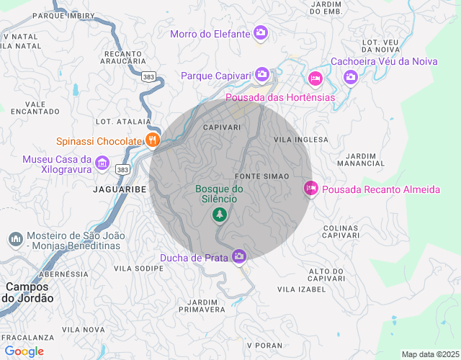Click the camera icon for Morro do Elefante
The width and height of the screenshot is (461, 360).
(261, 33)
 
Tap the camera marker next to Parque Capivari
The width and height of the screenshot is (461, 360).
(261, 74)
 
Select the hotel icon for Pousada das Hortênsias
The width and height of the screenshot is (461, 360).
(315, 78)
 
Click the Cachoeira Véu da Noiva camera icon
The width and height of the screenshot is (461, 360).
(350, 76)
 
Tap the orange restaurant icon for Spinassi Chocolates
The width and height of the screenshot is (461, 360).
(152, 140)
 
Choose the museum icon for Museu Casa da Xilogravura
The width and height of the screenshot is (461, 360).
(102, 163)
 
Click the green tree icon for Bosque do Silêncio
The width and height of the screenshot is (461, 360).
(219, 215)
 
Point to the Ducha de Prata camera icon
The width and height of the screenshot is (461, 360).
(239, 256)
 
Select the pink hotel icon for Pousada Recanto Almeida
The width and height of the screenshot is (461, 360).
(310, 189)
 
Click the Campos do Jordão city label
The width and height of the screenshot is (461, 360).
(29, 292)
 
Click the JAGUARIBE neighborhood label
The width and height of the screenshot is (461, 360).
(120, 189)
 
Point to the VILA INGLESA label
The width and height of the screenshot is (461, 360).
(301, 140)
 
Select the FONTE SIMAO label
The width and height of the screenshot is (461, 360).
(261, 176)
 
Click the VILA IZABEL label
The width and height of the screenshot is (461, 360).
(301, 289)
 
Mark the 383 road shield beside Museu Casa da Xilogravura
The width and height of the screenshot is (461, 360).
(122, 169)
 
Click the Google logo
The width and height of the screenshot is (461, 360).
(24, 351)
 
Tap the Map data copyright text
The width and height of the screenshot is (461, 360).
(429, 354)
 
